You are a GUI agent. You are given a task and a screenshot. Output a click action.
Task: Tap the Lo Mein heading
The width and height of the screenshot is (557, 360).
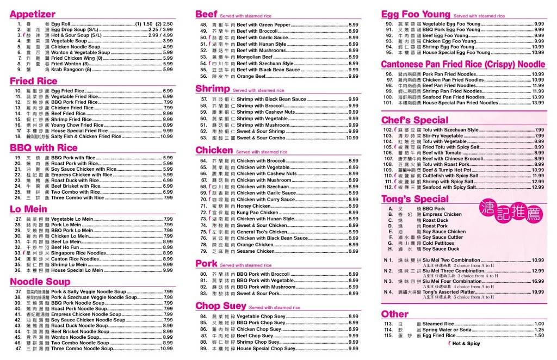28,209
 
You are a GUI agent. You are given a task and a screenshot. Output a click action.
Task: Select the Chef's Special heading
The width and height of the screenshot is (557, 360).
414,120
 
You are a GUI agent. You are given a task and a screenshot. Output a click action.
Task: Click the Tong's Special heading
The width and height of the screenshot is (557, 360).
415,198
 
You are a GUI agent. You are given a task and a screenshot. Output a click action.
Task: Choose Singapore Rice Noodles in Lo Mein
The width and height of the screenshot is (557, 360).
78,253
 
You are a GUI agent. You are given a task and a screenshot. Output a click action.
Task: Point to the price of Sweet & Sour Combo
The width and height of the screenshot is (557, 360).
352,138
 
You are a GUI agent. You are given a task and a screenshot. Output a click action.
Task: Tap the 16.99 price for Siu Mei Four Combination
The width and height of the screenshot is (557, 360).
537,281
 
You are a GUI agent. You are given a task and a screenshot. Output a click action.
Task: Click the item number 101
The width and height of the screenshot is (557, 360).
388,103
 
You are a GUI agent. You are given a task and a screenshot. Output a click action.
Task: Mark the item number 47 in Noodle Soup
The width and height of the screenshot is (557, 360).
18,349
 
